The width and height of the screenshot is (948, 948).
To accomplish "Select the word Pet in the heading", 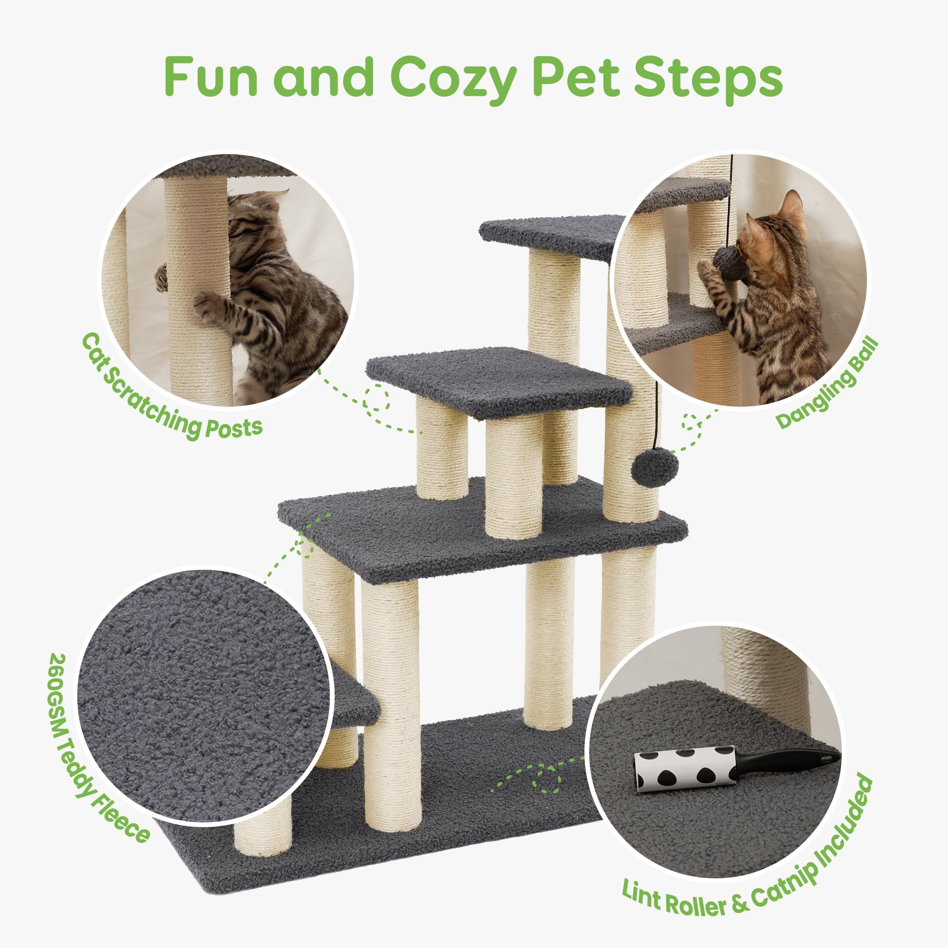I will (575, 78).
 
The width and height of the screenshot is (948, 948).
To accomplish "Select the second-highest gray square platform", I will (498, 380).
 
